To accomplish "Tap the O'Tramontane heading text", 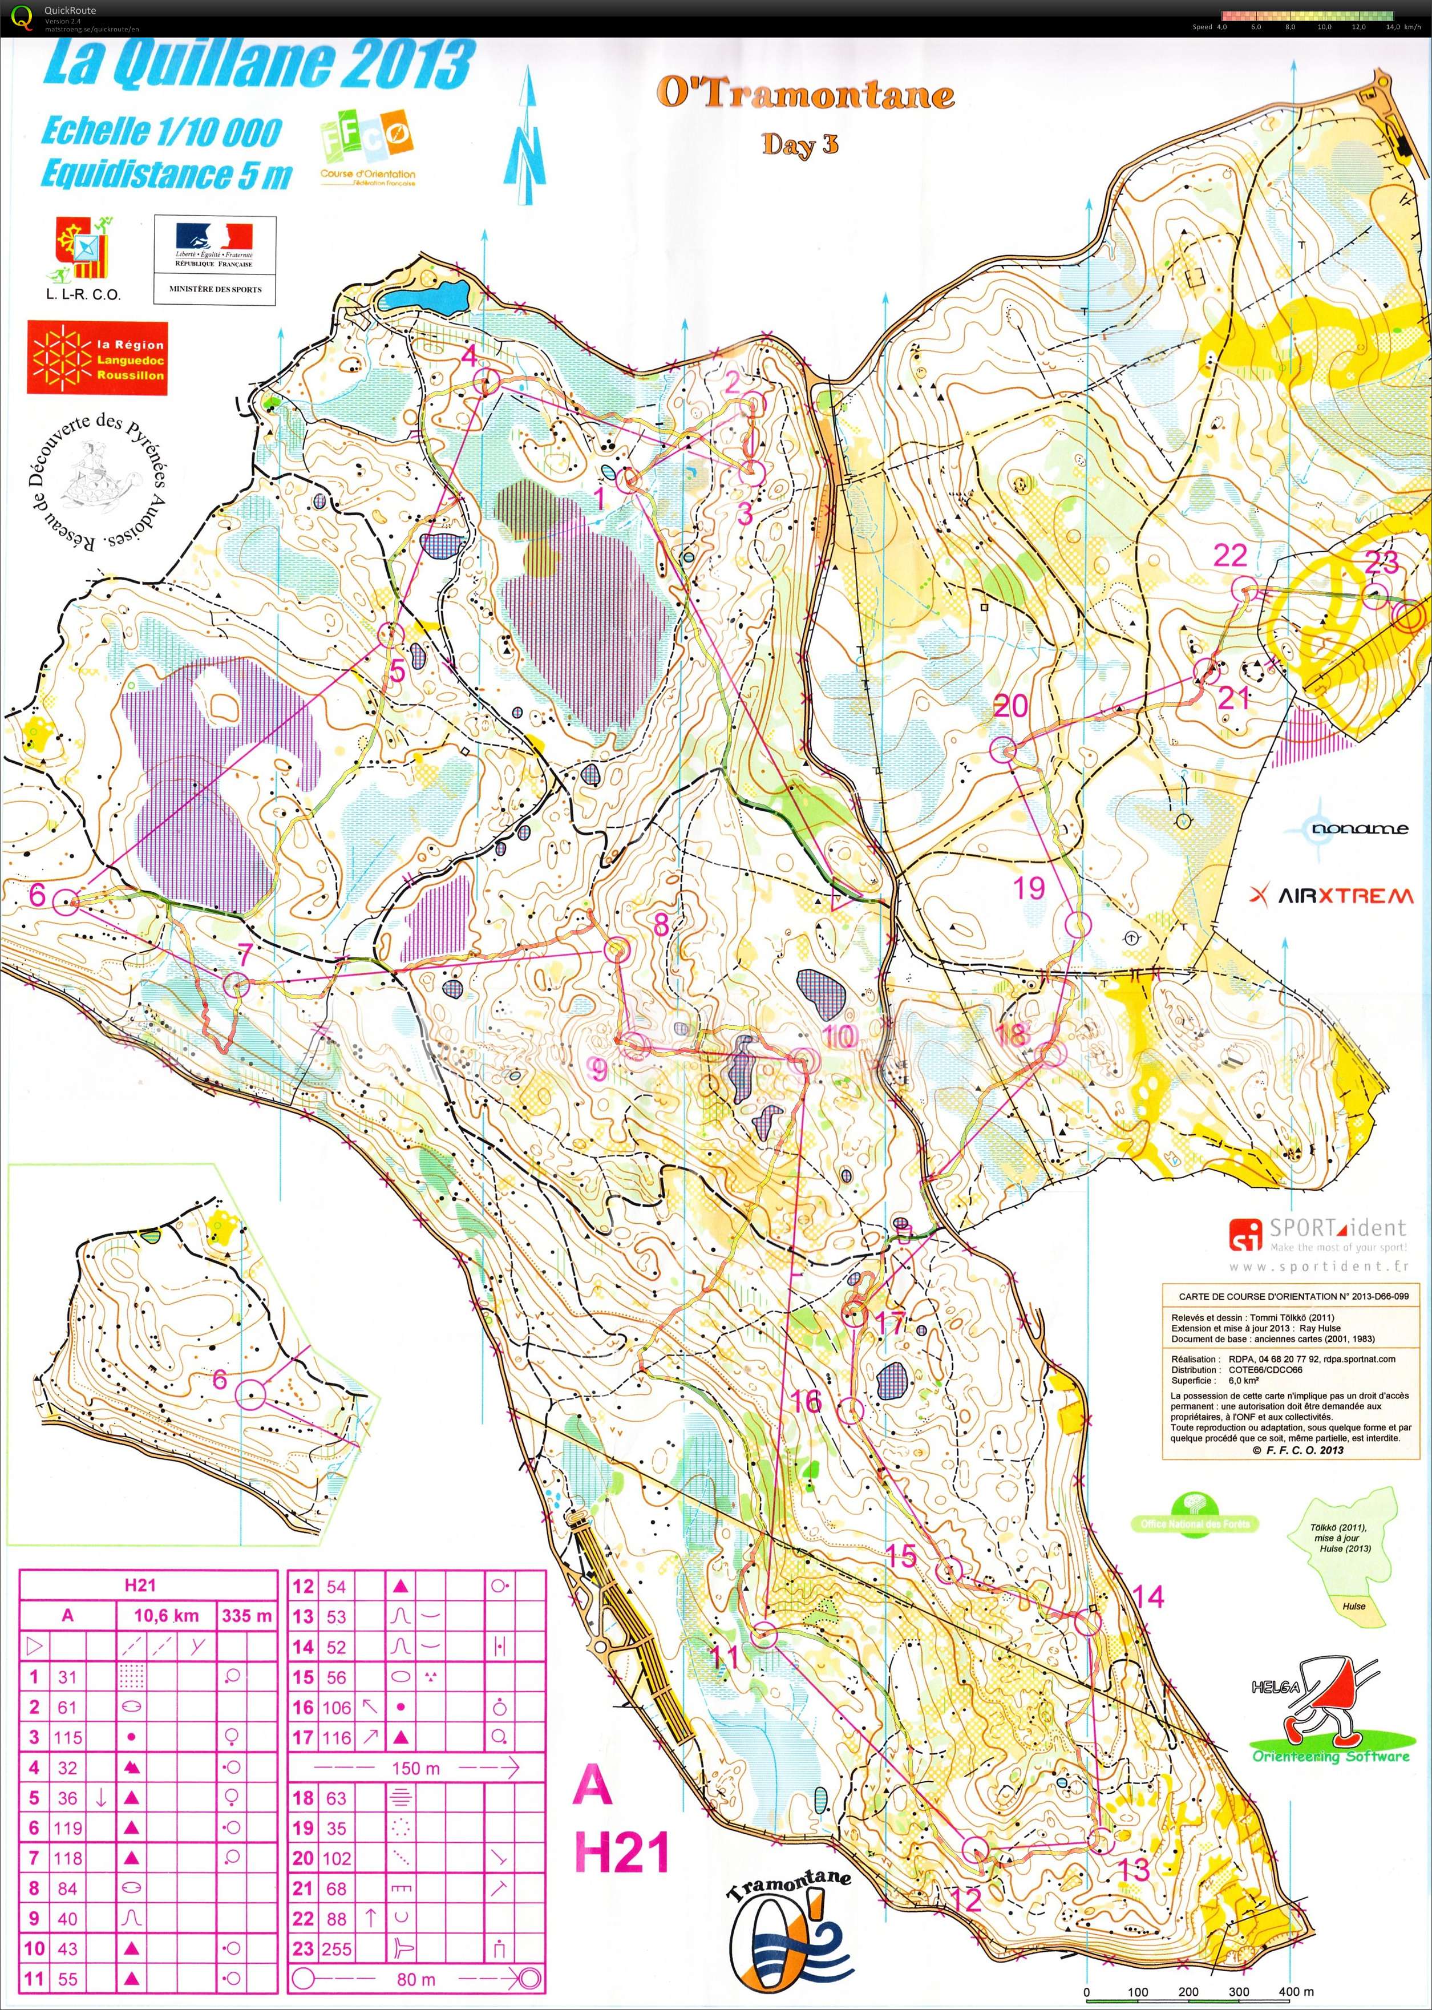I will tap(804, 94).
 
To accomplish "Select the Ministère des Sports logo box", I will tap(215, 260).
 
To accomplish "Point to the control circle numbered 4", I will tap(486, 382).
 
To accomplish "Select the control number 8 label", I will tap(661, 924).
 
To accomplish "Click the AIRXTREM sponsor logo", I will tap(1332, 896).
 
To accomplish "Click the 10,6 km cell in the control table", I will tap(166, 1616).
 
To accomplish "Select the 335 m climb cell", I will tap(248, 1616).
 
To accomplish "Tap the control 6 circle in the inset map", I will tap(251, 1394).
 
